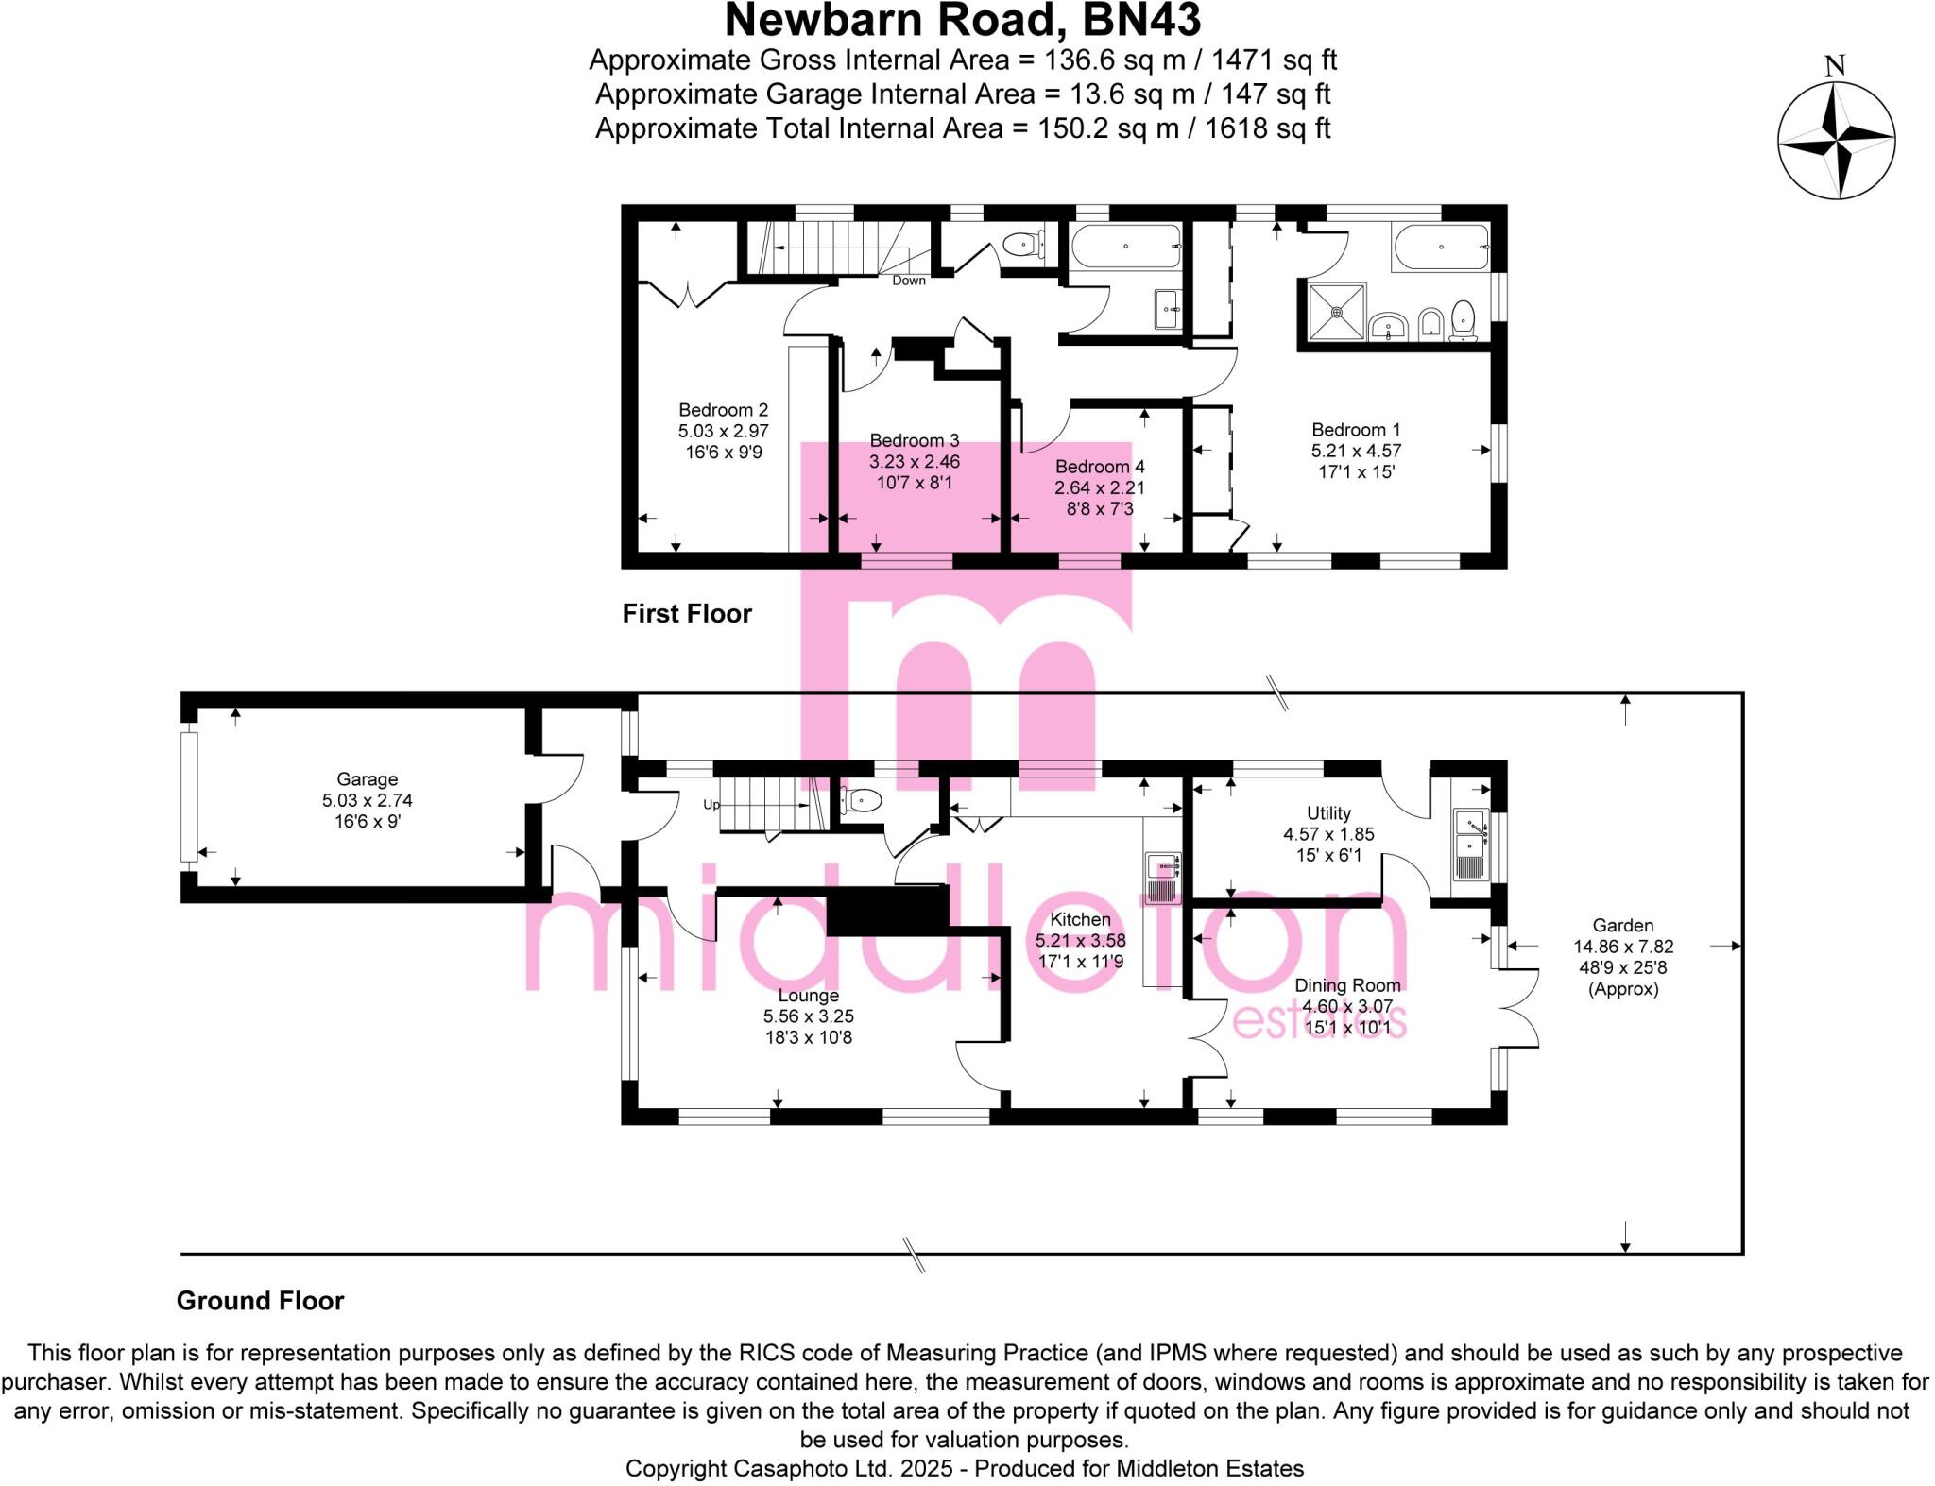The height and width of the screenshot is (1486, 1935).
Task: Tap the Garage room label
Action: pos(367,779)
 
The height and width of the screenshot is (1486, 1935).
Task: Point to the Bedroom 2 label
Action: pos(723,410)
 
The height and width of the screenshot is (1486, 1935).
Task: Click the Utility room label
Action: pos(1328,813)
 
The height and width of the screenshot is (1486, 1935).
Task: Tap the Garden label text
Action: pos(1622,926)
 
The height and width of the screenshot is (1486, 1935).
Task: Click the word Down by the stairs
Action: pos(909,281)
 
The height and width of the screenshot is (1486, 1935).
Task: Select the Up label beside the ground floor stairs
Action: pos(711,805)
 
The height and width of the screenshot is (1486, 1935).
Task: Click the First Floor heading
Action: pos(687,614)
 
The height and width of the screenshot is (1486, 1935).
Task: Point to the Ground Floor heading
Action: pos(260,1301)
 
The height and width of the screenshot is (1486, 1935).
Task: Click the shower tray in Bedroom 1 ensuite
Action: pos(1337,312)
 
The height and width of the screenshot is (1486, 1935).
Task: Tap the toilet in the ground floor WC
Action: pos(862,801)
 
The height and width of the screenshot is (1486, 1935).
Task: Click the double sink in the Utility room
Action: pos(1470,844)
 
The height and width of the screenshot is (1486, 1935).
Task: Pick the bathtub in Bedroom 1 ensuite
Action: pos(1440,247)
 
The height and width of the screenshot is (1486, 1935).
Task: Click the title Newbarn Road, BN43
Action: pos(963,21)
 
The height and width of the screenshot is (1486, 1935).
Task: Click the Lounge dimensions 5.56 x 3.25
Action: pos(808,1016)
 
